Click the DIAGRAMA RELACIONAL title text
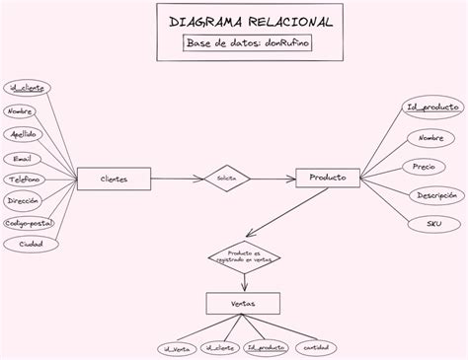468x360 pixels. click(x=237, y=22)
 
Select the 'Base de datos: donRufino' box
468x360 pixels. click(x=237, y=44)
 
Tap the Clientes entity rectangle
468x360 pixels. click(x=115, y=179)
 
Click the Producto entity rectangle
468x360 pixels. click(x=328, y=178)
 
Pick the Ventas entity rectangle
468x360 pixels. click(x=237, y=305)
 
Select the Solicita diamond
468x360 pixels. click(x=226, y=179)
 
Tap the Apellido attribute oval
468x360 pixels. click(x=26, y=134)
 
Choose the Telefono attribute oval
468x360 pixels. click(x=25, y=180)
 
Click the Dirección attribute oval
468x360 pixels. click(x=23, y=200)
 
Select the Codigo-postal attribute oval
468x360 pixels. click(x=29, y=223)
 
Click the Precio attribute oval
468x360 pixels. click(x=425, y=167)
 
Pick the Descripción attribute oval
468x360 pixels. click(x=435, y=195)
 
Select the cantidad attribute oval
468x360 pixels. click(x=316, y=347)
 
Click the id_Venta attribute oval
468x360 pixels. click(x=174, y=347)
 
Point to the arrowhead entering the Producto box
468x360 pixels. click(x=292, y=179)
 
